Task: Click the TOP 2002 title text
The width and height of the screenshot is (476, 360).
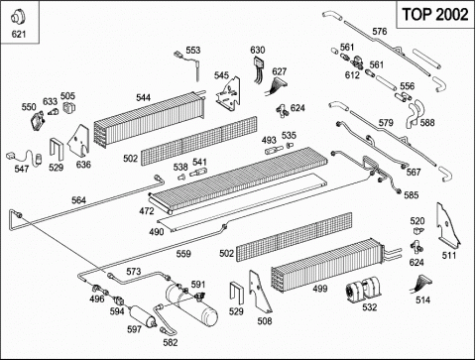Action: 435,15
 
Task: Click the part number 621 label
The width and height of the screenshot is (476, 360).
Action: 19,34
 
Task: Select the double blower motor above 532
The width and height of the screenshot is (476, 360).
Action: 363,290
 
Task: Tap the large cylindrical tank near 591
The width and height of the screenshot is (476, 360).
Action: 191,303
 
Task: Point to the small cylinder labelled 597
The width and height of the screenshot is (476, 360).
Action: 142,316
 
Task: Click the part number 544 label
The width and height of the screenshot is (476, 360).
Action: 143,97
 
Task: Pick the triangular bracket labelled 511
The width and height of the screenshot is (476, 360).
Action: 448,226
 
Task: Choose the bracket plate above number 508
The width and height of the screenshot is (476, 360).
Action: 260,292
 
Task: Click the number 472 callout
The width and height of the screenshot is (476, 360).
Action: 147,211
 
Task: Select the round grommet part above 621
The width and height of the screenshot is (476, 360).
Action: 18,18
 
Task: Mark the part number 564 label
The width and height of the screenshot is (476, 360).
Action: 78,200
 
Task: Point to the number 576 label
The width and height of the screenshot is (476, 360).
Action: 380,32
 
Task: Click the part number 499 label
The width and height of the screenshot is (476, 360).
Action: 320,289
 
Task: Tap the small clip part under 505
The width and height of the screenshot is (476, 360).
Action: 69,107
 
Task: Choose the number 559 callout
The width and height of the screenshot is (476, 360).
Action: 183,254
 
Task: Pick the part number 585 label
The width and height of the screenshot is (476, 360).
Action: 412,195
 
